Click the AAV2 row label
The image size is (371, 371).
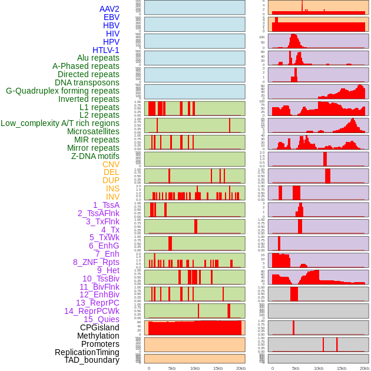tap(110, 9)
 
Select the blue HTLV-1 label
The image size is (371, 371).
tap(106, 50)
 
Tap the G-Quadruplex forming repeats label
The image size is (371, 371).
tap(62, 91)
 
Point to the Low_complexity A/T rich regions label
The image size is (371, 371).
tap(60, 123)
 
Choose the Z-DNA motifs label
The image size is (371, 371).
tap(95, 156)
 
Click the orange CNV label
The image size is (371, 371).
tap(111, 164)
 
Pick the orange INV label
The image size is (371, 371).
tap(112, 197)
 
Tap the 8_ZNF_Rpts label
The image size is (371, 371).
tap(96, 262)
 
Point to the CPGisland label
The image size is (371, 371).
tap(100, 327)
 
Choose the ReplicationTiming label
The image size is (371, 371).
tap(87, 352)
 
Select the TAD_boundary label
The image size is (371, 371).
tap(92, 360)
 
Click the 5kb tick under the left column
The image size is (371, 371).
tap(172, 368)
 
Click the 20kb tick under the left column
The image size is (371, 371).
tap(241, 368)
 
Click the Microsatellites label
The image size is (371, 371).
tap(93, 131)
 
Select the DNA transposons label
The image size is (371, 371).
tap(87, 82)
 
